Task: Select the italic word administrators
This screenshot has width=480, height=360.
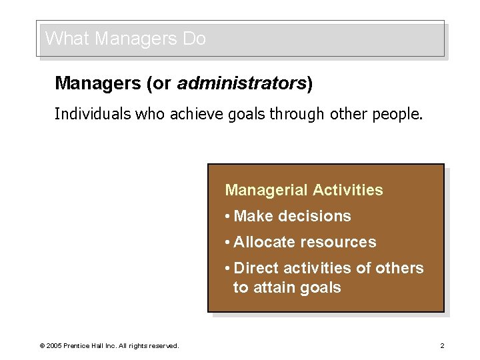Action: point(241,83)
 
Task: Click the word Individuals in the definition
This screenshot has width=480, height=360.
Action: point(92,114)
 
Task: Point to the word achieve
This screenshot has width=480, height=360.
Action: point(194,114)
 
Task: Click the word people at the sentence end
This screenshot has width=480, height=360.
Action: point(397,114)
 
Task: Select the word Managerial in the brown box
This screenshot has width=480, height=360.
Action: point(255,190)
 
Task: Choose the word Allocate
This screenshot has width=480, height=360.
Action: point(261,242)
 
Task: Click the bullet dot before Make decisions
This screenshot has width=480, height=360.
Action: point(228,216)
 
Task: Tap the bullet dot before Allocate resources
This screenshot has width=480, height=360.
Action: point(228,242)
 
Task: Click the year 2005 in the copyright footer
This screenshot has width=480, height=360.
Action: point(53,345)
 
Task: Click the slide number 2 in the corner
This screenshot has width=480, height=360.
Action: point(442,345)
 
